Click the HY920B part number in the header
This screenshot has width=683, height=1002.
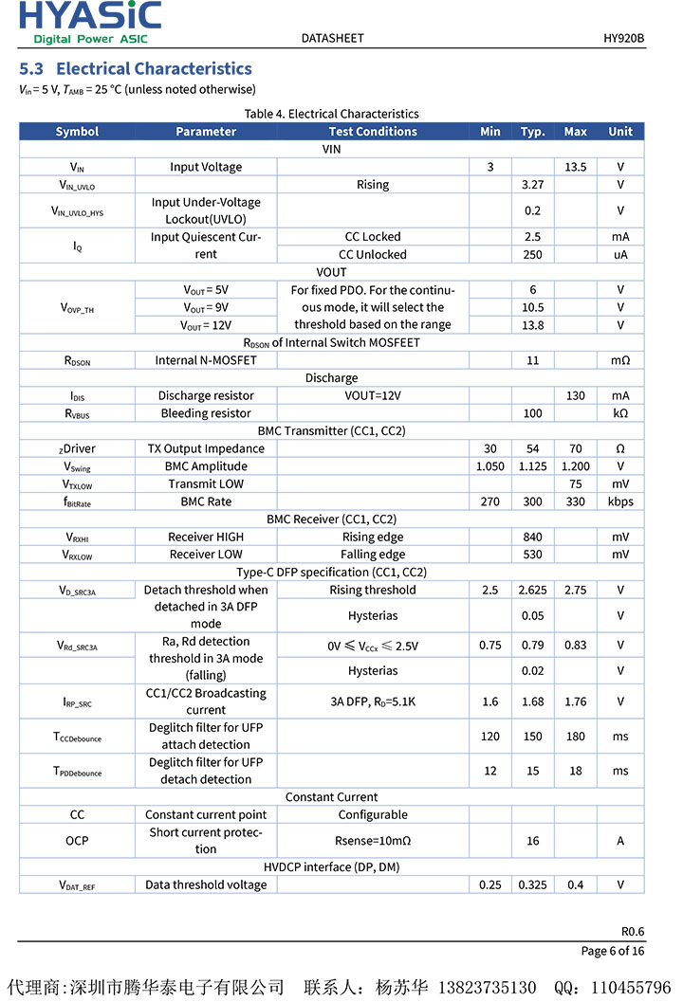pyautogui.click(x=623, y=38)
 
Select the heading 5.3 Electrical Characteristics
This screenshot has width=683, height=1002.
pyautogui.click(x=136, y=68)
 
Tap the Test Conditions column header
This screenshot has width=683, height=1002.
pyautogui.click(x=373, y=132)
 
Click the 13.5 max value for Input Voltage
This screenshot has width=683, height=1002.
pyautogui.click(x=575, y=167)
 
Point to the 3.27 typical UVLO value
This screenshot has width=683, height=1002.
pyautogui.click(x=532, y=185)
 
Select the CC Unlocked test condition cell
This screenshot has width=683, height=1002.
pyautogui.click(x=373, y=254)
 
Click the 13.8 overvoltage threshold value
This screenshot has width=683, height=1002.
pyautogui.click(x=532, y=325)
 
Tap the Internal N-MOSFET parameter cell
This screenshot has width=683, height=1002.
pyautogui.click(x=206, y=360)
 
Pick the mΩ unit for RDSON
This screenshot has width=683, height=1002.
pyautogui.click(x=620, y=360)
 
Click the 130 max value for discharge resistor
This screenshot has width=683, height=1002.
pyautogui.click(x=575, y=395)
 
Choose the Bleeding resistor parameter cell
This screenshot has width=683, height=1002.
pyautogui.click(x=206, y=413)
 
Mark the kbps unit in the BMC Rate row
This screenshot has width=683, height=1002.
pyautogui.click(x=620, y=501)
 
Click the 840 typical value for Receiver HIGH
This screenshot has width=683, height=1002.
pyautogui.click(x=532, y=537)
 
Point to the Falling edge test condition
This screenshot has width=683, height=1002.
pyautogui.click(x=373, y=555)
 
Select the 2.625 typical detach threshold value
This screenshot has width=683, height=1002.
pyautogui.click(x=532, y=590)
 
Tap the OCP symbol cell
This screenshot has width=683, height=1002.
pyautogui.click(x=77, y=841)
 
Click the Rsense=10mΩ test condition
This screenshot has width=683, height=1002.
pyautogui.click(x=373, y=841)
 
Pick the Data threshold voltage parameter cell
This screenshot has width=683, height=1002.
pyautogui.click(x=206, y=884)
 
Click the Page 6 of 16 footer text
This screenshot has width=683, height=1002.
pyautogui.click(x=612, y=951)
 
